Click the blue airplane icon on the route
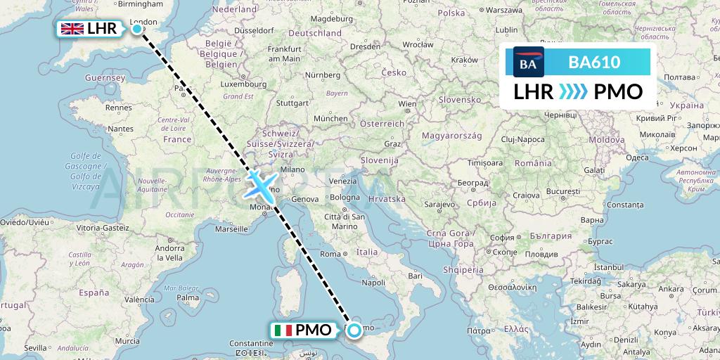point(260,185)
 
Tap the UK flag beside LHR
point(72,28)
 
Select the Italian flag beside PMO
point(283,329)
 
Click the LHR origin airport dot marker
point(136,28)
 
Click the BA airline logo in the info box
point(528,63)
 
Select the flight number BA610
point(594,63)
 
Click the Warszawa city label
point(506,11)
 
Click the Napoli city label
point(373,282)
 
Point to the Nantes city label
point(121,129)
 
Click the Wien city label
point(407,104)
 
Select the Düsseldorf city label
point(252,31)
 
